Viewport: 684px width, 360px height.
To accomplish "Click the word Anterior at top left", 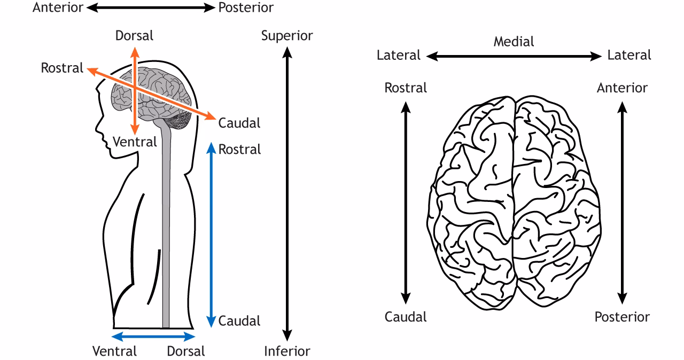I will click(x=58, y=7).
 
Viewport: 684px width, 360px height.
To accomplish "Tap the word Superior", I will click(x=287, y=36).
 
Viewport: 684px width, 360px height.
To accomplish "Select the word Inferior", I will click(x=287, y=351).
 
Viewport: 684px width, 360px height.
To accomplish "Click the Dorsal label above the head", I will click(x=134, y=36).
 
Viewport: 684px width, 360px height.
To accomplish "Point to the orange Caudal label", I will click(x=239, y=123).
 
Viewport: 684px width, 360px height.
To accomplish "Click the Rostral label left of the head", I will click(x=62, y=68).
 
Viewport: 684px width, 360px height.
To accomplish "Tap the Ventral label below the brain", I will click(x=135, y=142).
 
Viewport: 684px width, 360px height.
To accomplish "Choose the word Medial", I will click(x=514, y=41).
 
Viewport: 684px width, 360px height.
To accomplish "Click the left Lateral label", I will click(x=399, y=55).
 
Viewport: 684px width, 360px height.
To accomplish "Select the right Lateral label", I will click(x=629, y=55).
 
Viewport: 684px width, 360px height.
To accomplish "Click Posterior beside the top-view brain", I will click(x=622, y=317).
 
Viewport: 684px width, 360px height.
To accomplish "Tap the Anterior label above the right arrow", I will click(x=622, y=88).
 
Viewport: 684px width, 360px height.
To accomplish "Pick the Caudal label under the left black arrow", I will click(x=406, y=317).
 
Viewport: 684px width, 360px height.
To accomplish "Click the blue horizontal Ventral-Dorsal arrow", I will click(x=154, y=336).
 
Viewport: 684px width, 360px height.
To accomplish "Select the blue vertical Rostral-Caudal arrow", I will click(x=211, y=235).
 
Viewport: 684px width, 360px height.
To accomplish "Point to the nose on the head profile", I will click(x=97, y=130).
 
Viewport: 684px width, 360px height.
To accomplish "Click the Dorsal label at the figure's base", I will click(x=185, y=351).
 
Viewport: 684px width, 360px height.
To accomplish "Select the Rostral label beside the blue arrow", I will click(x=239, y=150).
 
